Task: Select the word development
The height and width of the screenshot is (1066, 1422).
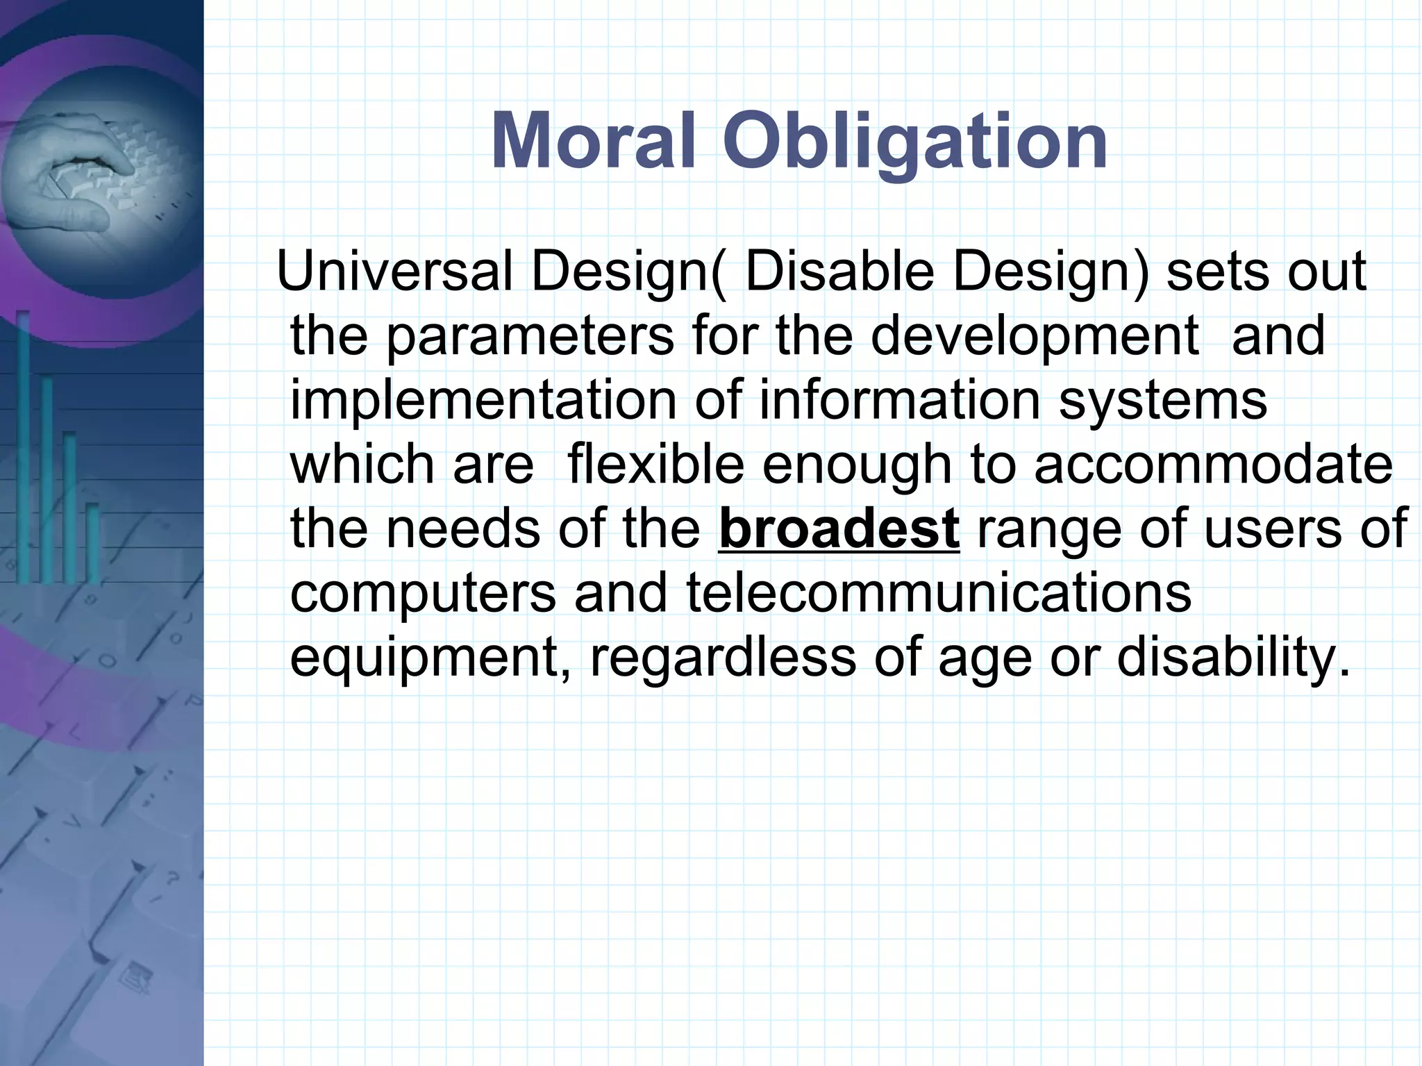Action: point(1035,336)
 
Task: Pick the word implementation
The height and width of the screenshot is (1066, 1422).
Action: point(483,401)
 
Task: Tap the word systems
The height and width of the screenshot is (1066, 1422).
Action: point(1163,401)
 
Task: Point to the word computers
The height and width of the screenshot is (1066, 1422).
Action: point(423,594)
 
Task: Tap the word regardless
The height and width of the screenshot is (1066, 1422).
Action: point(722,658)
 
